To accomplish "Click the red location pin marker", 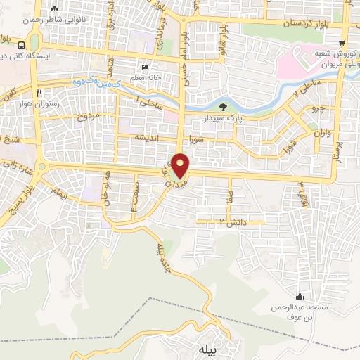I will click(x=181, y=165).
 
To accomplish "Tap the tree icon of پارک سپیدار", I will click(x=223, y=108).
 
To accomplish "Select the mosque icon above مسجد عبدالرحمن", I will click(x=300, y=296).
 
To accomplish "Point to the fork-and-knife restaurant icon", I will click(x=41, y=93).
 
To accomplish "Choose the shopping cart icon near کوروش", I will click(x=341, y=43).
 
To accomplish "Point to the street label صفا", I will click(x=229, y=194).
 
